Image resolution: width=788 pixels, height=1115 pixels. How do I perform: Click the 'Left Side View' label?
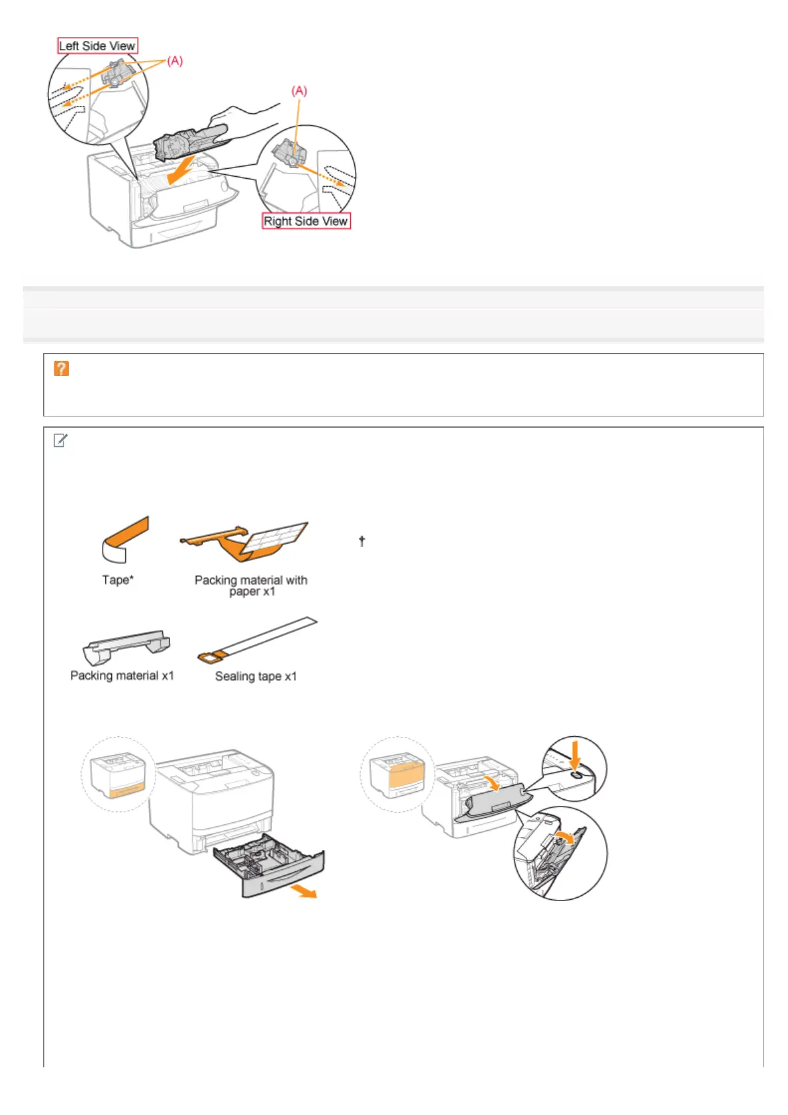(97, 46)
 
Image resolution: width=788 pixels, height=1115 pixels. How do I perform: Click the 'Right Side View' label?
(306, 221)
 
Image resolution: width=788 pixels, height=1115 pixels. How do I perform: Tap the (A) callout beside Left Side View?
(174, 61)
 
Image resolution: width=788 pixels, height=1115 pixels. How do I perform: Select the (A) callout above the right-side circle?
(299, 91)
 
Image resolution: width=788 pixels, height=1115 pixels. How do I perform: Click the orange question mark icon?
(62, 369)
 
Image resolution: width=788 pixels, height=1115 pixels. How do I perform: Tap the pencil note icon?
(60, 440)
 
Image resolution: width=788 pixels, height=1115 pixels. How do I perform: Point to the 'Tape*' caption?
(117, 580)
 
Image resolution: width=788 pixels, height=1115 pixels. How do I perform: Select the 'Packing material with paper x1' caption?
(251, 585)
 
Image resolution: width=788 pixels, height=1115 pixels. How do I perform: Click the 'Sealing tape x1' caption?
(256, 676)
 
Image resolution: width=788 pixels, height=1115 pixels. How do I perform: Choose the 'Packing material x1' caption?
(122, 675)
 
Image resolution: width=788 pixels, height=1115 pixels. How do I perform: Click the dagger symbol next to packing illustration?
(362, 541)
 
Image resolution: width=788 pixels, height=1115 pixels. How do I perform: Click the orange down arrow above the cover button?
(575, 753)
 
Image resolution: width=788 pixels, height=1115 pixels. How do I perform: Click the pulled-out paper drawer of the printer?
(271, 867)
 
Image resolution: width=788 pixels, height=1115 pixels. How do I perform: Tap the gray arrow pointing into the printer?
(180, 171)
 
